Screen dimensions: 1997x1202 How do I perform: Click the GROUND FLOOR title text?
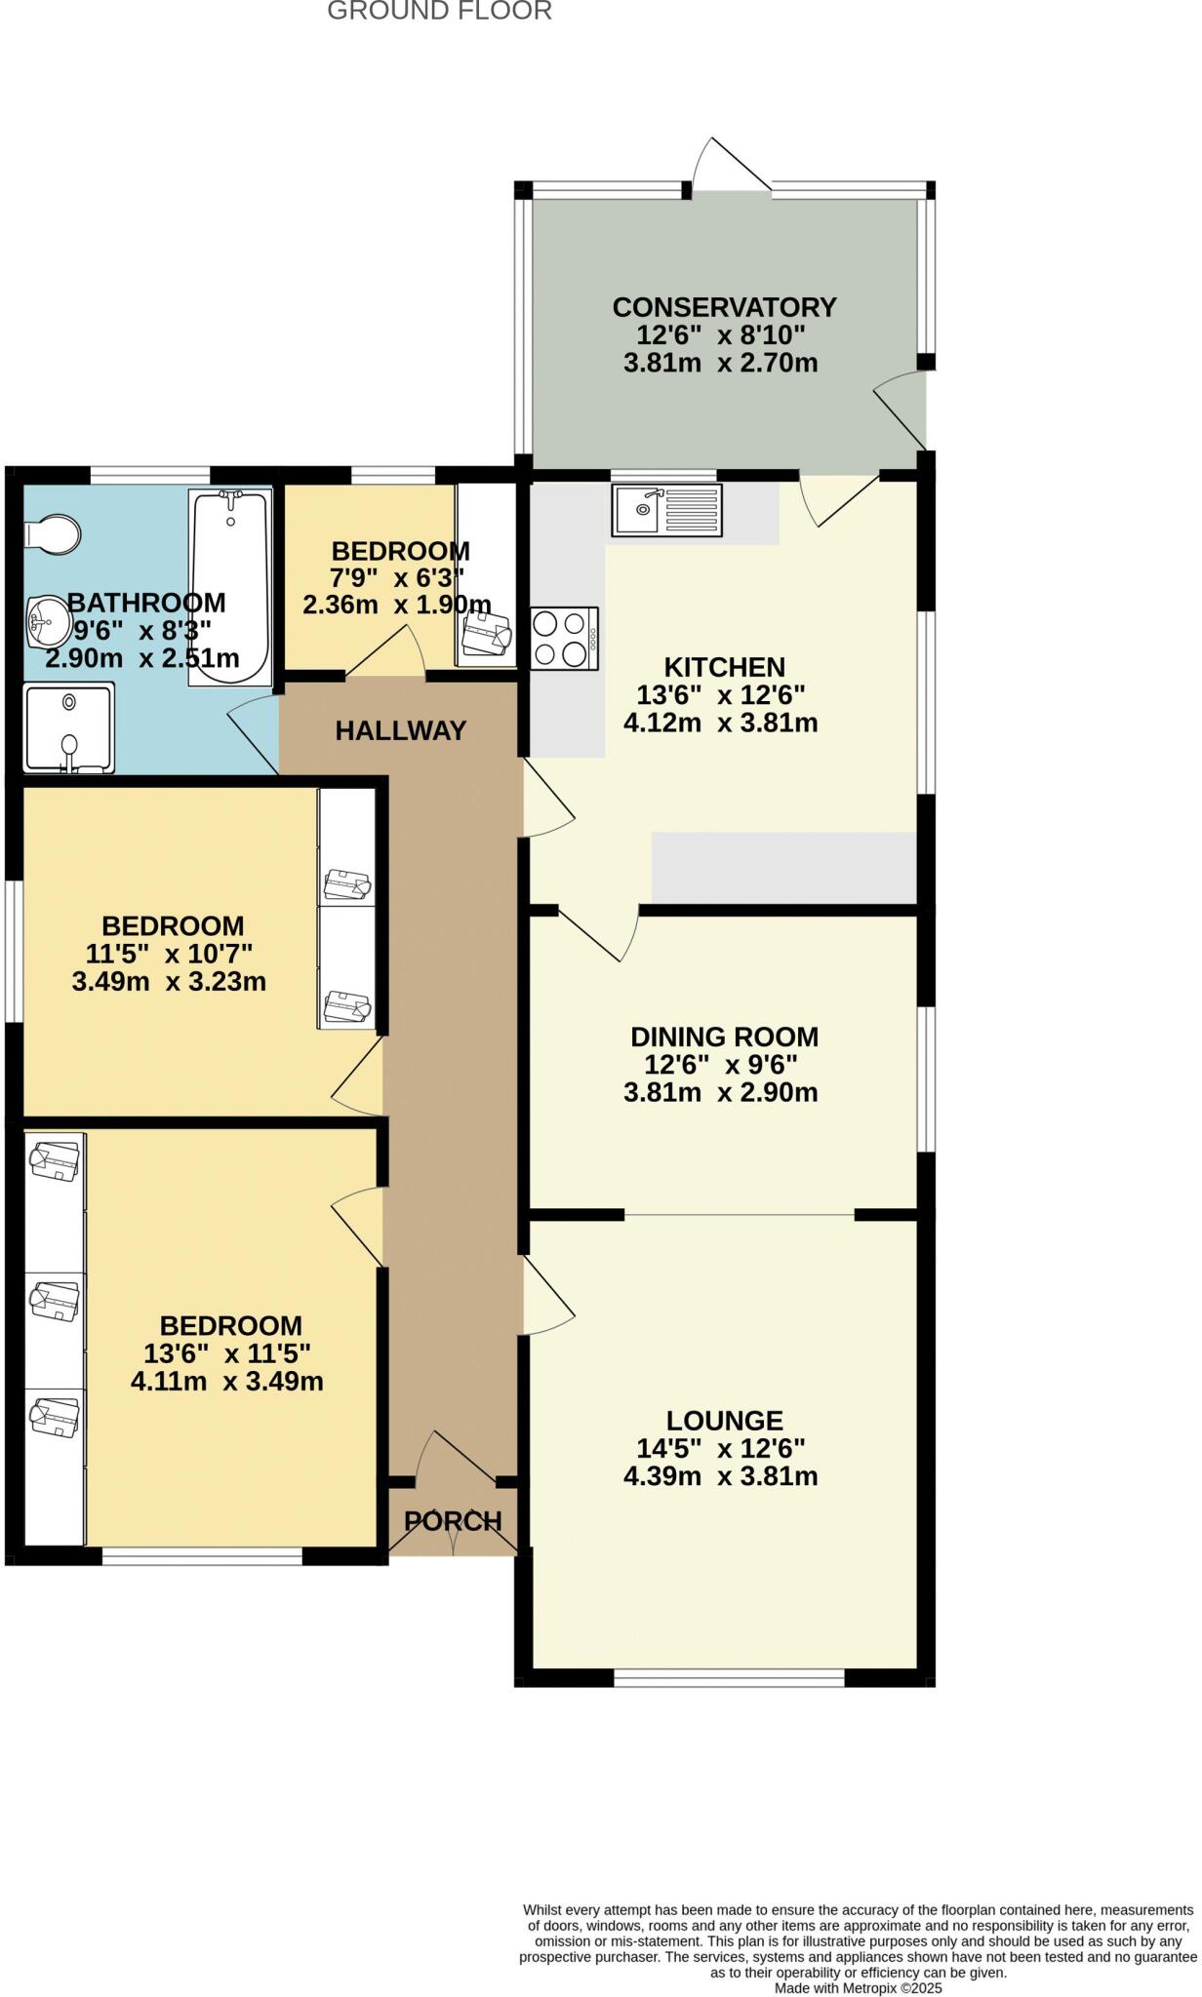click(x=439, y=11)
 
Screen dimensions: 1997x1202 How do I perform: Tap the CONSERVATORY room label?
click(x=724, y=307)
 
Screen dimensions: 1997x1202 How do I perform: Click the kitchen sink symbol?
click(x=666, y=510)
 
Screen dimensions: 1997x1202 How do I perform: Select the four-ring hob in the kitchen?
click(x=564, y=639)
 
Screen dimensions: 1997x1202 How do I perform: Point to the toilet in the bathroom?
click(x=54, y=534)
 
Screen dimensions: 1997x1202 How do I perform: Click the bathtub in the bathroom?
click(x=230, y=588)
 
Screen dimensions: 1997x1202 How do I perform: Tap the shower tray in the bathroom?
click(x=68, y=727)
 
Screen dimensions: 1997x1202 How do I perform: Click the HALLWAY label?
click(x=400, y=730)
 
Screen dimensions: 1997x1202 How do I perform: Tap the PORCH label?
click(x=453, y=1520)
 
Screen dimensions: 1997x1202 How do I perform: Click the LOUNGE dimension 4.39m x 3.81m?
click(x=720, y=1476)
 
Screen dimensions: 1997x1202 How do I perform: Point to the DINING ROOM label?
click(x=724, y=1037)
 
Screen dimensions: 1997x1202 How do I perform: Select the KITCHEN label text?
click(x=724, y=667)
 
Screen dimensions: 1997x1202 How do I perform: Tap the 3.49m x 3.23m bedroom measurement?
click(x=169, y=981)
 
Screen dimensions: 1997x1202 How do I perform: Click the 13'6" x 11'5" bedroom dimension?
click(x=226, y=1353)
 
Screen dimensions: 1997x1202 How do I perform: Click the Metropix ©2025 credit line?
click(x=858, y=1988)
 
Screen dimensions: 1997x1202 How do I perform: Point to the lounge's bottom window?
click(x=729, y=1677)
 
